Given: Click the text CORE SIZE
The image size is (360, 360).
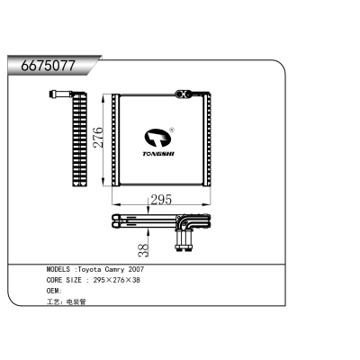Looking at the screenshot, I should coord(65,280).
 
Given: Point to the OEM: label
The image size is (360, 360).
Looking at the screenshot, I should coord(54,291).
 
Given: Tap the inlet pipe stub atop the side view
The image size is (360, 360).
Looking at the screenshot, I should coord(59,93).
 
